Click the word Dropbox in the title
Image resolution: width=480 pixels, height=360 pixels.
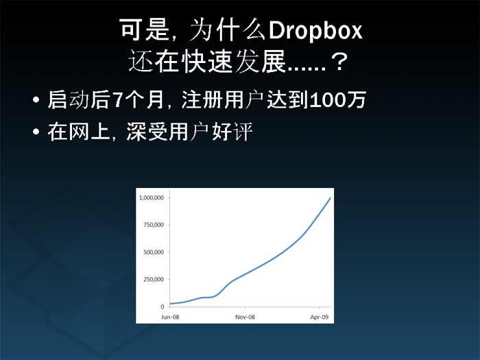(315, 30)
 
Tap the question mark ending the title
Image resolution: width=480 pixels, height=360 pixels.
(339, 62)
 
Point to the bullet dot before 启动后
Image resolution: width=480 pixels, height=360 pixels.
(36, 99)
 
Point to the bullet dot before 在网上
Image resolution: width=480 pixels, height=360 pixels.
(36, 132)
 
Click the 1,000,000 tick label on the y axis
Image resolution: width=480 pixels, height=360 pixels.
(152, 197)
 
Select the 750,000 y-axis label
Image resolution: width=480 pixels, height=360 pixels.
(154, 225)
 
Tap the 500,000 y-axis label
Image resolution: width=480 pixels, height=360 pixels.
(154, 252)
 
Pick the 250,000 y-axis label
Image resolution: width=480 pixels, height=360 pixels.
(154, 279)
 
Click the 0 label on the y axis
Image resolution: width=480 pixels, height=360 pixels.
(163, 307)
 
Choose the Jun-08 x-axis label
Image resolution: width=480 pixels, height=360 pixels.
(170, 317)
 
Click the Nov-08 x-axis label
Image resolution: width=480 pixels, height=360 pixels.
(245, 317)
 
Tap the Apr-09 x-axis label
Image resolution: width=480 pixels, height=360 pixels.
(320, 317)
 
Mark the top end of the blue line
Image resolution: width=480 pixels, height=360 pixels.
(331, 198)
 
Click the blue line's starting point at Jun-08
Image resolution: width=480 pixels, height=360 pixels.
(170, 304)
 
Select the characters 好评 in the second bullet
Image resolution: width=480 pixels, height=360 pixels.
(232, 132)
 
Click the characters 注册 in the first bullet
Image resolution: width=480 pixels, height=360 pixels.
(202, 100)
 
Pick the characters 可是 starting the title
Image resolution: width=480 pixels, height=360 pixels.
(145, 29)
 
